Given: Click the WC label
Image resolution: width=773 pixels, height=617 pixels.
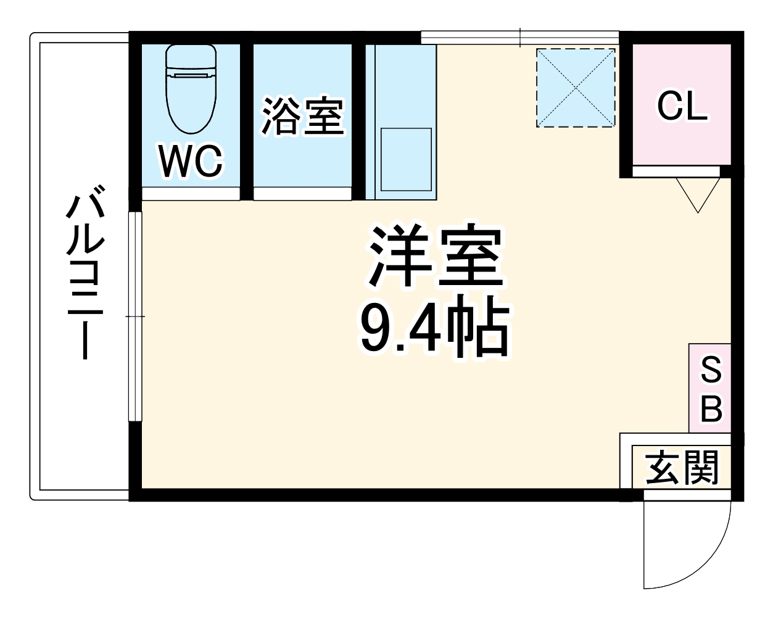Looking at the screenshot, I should coord(191,162).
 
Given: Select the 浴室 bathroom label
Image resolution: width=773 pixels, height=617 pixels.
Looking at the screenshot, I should coord(302,116).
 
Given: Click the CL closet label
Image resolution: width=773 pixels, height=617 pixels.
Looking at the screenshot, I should coord(681,107).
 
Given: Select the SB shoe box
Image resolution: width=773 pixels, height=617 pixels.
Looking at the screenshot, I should coord(710,388).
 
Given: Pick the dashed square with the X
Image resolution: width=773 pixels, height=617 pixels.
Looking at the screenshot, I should coord(576,88).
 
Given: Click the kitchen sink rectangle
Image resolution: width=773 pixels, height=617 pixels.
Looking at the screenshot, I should coord(405,159).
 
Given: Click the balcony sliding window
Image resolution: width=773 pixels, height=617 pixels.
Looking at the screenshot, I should coord(135,317).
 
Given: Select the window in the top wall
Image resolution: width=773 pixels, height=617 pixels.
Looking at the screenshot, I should coord(520,36).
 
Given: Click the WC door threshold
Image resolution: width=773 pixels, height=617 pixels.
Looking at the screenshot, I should coord(191,194).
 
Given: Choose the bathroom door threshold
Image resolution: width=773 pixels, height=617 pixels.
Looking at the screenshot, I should coord(302,194).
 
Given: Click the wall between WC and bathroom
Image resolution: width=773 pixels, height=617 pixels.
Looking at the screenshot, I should coord(246,117).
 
